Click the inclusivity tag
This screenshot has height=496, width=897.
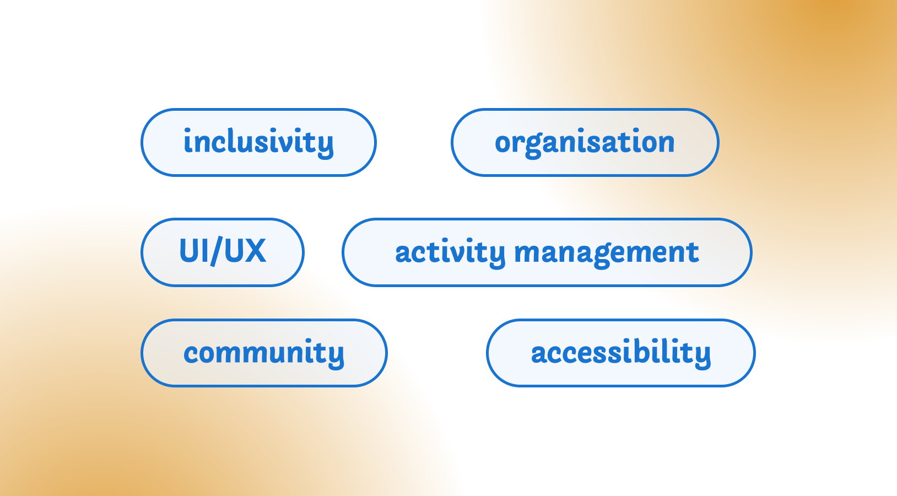258,142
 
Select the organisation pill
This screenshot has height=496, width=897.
585,142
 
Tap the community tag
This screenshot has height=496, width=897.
264,353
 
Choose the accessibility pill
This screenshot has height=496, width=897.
620,353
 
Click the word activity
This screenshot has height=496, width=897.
450,253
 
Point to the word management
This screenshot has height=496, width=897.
606,253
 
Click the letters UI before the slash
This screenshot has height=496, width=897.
192,251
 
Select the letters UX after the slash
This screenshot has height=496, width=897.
245,251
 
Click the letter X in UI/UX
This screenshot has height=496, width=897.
256,251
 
